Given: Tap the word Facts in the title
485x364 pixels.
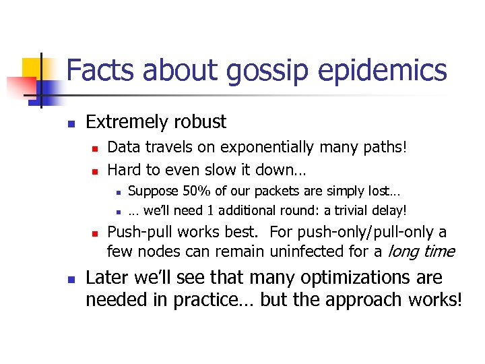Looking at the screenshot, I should [99, 71].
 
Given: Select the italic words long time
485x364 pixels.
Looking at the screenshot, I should [421, 252].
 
